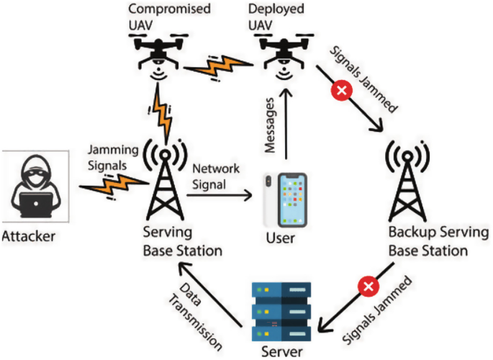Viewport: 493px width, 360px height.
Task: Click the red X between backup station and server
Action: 369,287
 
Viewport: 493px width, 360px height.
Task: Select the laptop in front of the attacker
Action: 35,205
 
